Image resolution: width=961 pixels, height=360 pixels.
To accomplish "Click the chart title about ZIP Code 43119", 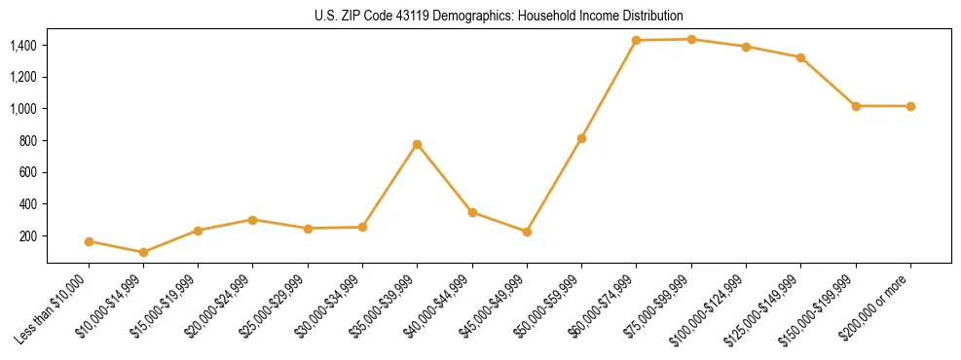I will (x=499, y=16).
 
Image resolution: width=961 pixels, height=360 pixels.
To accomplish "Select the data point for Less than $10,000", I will (x=89, y=241).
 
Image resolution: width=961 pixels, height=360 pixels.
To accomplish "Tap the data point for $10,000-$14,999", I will (x=144, y=252).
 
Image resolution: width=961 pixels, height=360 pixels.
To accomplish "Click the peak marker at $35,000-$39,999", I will (x=418, y=144).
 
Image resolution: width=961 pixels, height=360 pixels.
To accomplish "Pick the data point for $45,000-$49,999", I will (x=527, y=232).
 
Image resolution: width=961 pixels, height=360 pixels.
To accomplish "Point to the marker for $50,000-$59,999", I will (x=581, y=138).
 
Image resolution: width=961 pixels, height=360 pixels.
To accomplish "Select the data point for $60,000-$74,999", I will (x=636, y=40).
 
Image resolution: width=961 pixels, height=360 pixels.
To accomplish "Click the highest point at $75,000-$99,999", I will (x=691, y=39).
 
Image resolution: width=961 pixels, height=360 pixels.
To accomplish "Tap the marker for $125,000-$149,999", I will (x=800, y=57).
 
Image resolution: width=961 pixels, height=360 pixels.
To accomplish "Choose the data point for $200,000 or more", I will (x=910, y=106).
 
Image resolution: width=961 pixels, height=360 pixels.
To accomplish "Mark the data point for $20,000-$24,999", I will (x=253, y=220).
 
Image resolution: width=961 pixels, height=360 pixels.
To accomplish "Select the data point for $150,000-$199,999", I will (x=856, y=106).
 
